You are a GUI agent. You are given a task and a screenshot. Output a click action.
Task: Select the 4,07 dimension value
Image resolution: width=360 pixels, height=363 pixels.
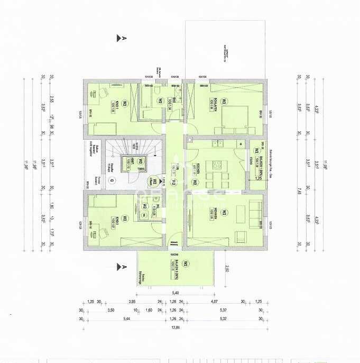tap(214, 303)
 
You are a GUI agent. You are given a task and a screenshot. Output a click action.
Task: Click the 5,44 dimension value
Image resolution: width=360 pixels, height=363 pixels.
tap(126, 319)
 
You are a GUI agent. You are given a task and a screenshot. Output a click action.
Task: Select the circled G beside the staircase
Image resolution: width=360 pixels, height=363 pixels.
tap(112, 180)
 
